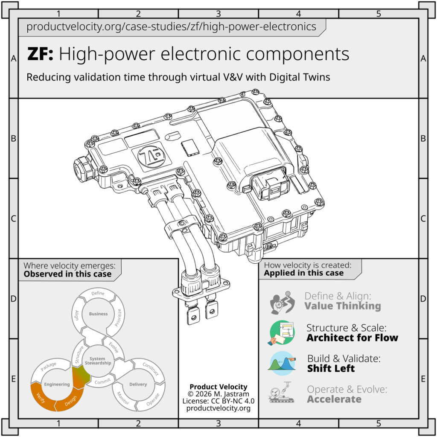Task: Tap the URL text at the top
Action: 171,27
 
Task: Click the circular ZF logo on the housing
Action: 151,155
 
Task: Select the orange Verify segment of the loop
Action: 42,397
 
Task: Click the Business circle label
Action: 98,314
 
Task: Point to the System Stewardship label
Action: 98,361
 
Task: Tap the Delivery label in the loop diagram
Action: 138,385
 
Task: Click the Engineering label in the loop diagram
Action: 57,385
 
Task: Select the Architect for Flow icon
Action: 282,332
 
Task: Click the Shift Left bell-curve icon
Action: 282,363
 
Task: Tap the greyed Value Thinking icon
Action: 282,302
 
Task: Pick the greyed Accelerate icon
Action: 281,393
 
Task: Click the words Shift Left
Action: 331,368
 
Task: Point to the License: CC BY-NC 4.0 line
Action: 218,401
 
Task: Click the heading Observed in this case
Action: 67,274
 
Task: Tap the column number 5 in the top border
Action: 379,14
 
